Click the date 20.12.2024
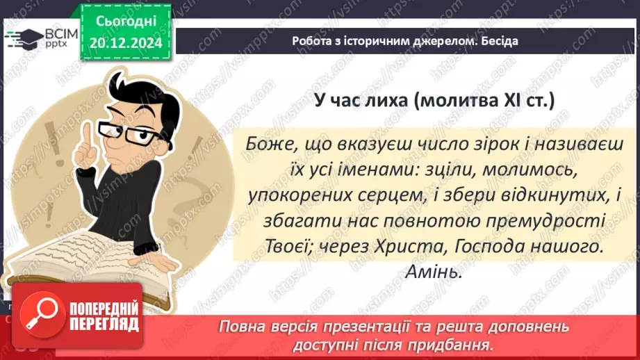(x=126, y=43)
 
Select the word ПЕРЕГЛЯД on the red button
(x=104, y=324)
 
